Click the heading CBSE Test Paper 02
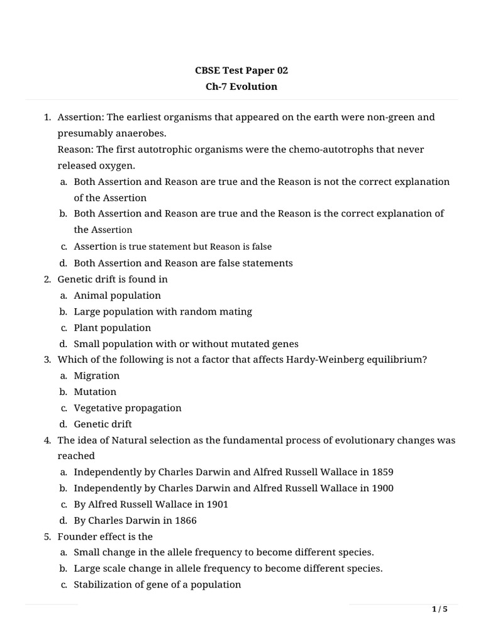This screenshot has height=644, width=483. pyautogui.click(x=241, y=70)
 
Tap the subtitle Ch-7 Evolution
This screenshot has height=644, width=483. pyautogui.click(x=241, y=87)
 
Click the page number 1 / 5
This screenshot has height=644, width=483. pyautogui.click(x=440, y=609)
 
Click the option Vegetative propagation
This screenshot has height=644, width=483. pyautogui.click(x=128, y=408)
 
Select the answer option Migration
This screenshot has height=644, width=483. pyautogui.click(x=96, y=375)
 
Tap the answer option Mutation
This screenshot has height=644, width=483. pyautogui.click(x=95, y=392)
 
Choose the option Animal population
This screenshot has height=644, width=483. pyautogui.click(x=117, y=295)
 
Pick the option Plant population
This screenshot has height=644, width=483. pyautogui.click(x=113, y=328)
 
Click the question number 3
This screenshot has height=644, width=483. pyautogui.click(x=47, y=360)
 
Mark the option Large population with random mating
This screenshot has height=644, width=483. pyautogui.click(x=163, y=311)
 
